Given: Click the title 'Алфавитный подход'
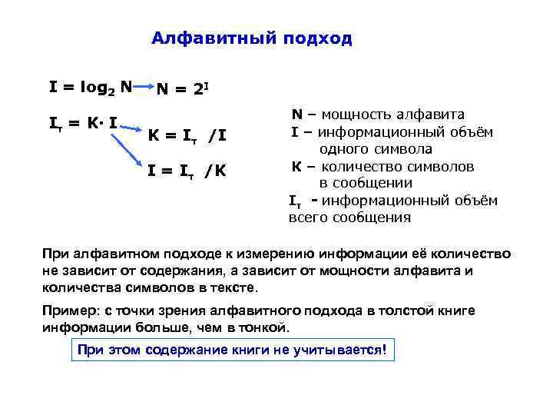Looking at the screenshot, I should pyautogui.click(x=252, y=38).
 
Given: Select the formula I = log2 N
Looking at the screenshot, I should pyautogui.click(x=91, y=88).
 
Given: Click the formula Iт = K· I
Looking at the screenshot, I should pyautogui.click(x=83, y=122).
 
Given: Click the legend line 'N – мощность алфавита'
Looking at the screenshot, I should pyautogui.click(x=377, y=115).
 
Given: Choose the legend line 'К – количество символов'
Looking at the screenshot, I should pyautogui.click(x=382, y=166).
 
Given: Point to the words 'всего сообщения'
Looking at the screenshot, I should pyautogui.click(x=349, y=217).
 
